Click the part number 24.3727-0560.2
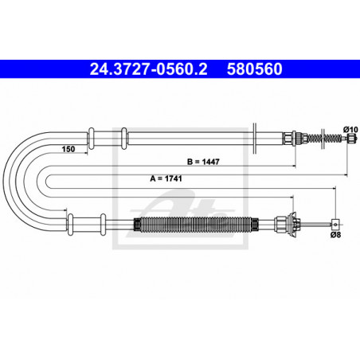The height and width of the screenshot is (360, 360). [x=148, y=69]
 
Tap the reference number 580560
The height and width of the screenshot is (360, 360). [x=254, y=69]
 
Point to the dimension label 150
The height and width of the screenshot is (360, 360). [x=68, y=149]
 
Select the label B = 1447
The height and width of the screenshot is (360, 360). [x=203, y=162]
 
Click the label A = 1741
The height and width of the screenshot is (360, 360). [x=166, y=178]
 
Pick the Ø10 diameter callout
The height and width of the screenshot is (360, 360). [x=350, y=130]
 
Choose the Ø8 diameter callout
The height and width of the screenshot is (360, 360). [x=335, y=235]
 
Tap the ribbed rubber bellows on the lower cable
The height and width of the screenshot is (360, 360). [x=196, y=225]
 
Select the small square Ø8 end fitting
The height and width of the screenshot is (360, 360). [x=335, y=225]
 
